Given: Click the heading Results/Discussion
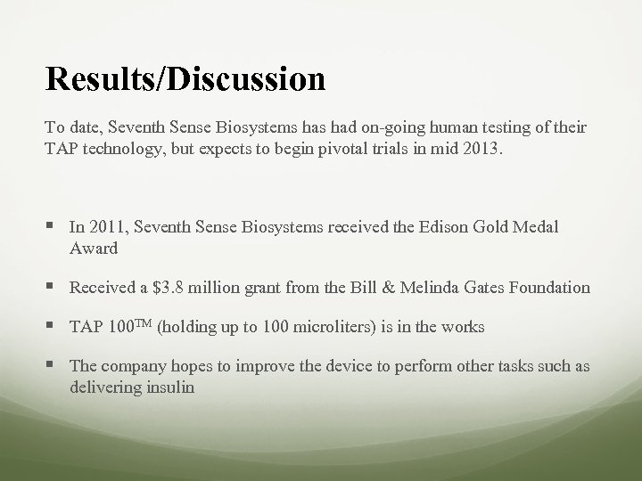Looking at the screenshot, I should click(185, 78).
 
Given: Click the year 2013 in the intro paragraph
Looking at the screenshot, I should click(482, 148).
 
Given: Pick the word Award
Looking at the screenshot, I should click(94, 248).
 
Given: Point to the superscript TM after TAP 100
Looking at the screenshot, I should click(143, 325).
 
